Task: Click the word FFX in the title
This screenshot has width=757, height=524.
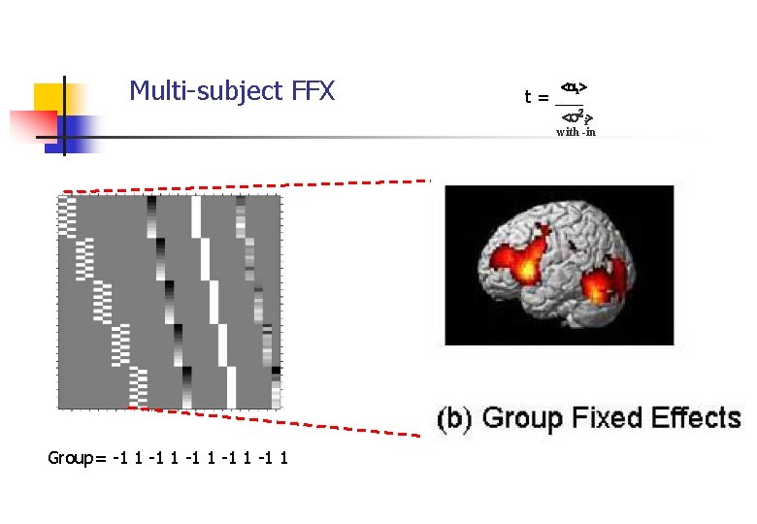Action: tap(312, 92)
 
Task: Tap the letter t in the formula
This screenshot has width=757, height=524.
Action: tap(528, 97)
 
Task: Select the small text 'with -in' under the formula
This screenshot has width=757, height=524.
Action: tap(576, 132)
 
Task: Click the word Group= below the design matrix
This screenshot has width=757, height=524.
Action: tap(78, 457)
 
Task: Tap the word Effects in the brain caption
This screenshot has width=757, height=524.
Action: tap(695, 418)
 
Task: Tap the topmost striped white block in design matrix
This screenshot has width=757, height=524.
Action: tap(67, 215)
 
